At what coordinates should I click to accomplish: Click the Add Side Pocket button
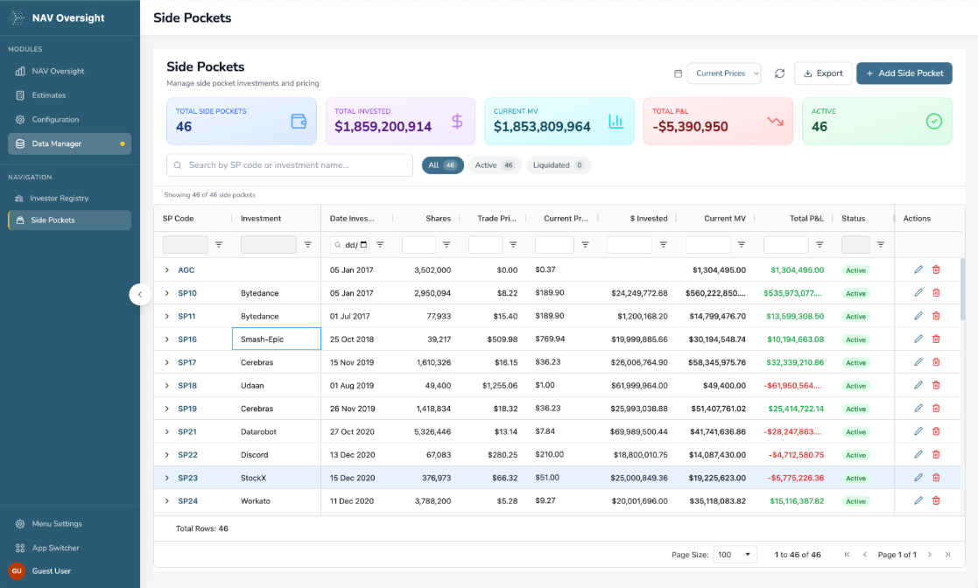point(904,73)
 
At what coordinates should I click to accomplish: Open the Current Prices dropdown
point(724,73)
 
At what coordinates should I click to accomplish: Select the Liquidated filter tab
point(559,165)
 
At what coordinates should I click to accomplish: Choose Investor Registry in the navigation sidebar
point(60,199)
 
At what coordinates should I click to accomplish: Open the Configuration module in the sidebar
point(55,120)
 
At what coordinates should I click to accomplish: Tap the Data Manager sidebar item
point(57,143)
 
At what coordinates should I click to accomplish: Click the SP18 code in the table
point(187,386)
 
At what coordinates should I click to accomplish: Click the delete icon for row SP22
point(936,455)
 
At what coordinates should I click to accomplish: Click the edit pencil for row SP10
point(918,293)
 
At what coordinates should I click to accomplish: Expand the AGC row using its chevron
point(167,270)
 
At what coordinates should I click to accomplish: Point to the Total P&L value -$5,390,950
point(690,127)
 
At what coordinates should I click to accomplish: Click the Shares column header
point(438,219)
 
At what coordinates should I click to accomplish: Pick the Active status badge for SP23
point(855,479)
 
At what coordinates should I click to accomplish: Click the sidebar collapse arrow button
point(140,295)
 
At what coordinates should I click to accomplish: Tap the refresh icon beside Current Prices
point(779,73)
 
